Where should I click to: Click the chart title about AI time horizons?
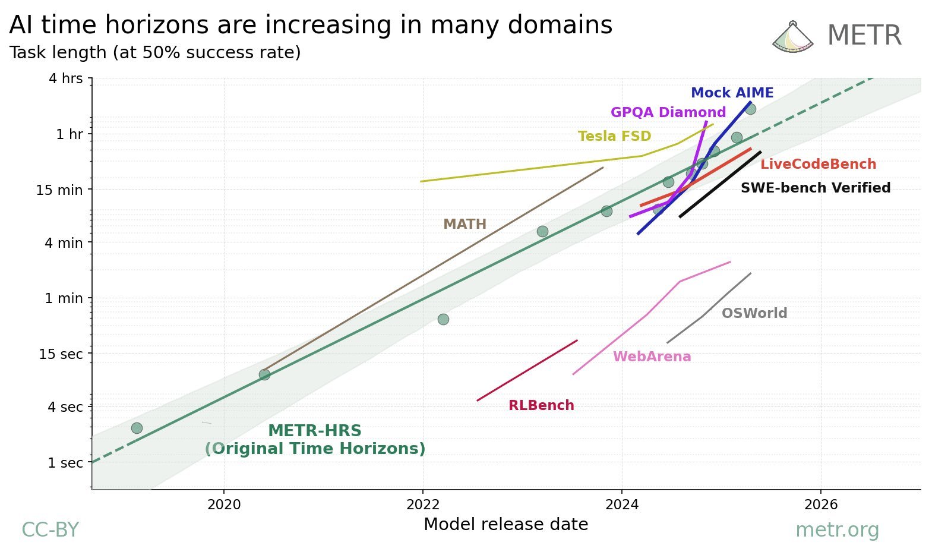[x=310, y=26]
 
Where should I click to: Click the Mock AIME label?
[x=732, y=93]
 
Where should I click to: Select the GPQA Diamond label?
[x=668, y=113]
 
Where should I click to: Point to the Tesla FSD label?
[x=614, y=137]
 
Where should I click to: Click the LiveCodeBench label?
[x=818, y=165]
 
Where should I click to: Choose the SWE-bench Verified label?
[x=815, y=188]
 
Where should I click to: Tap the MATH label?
[x=464, y=225]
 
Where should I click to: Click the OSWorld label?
[x=754, y=314]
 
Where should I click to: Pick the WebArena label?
[x=652, y=357]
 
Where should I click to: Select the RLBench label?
[x=541, y=406]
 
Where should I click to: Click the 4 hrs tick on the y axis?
[x=65, y=78]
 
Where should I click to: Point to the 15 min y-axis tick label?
[x=59, y=190]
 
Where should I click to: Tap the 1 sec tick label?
[x=65, y=463]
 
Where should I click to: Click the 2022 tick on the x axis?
[x=422, y=505]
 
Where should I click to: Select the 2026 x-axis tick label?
[x=820, y=505]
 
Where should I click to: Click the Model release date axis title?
[x=505, y=525]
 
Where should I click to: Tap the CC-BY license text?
[x=50, y=530]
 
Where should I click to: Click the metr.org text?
[x=836, y=530]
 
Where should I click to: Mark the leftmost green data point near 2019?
[x=137, y=428]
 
